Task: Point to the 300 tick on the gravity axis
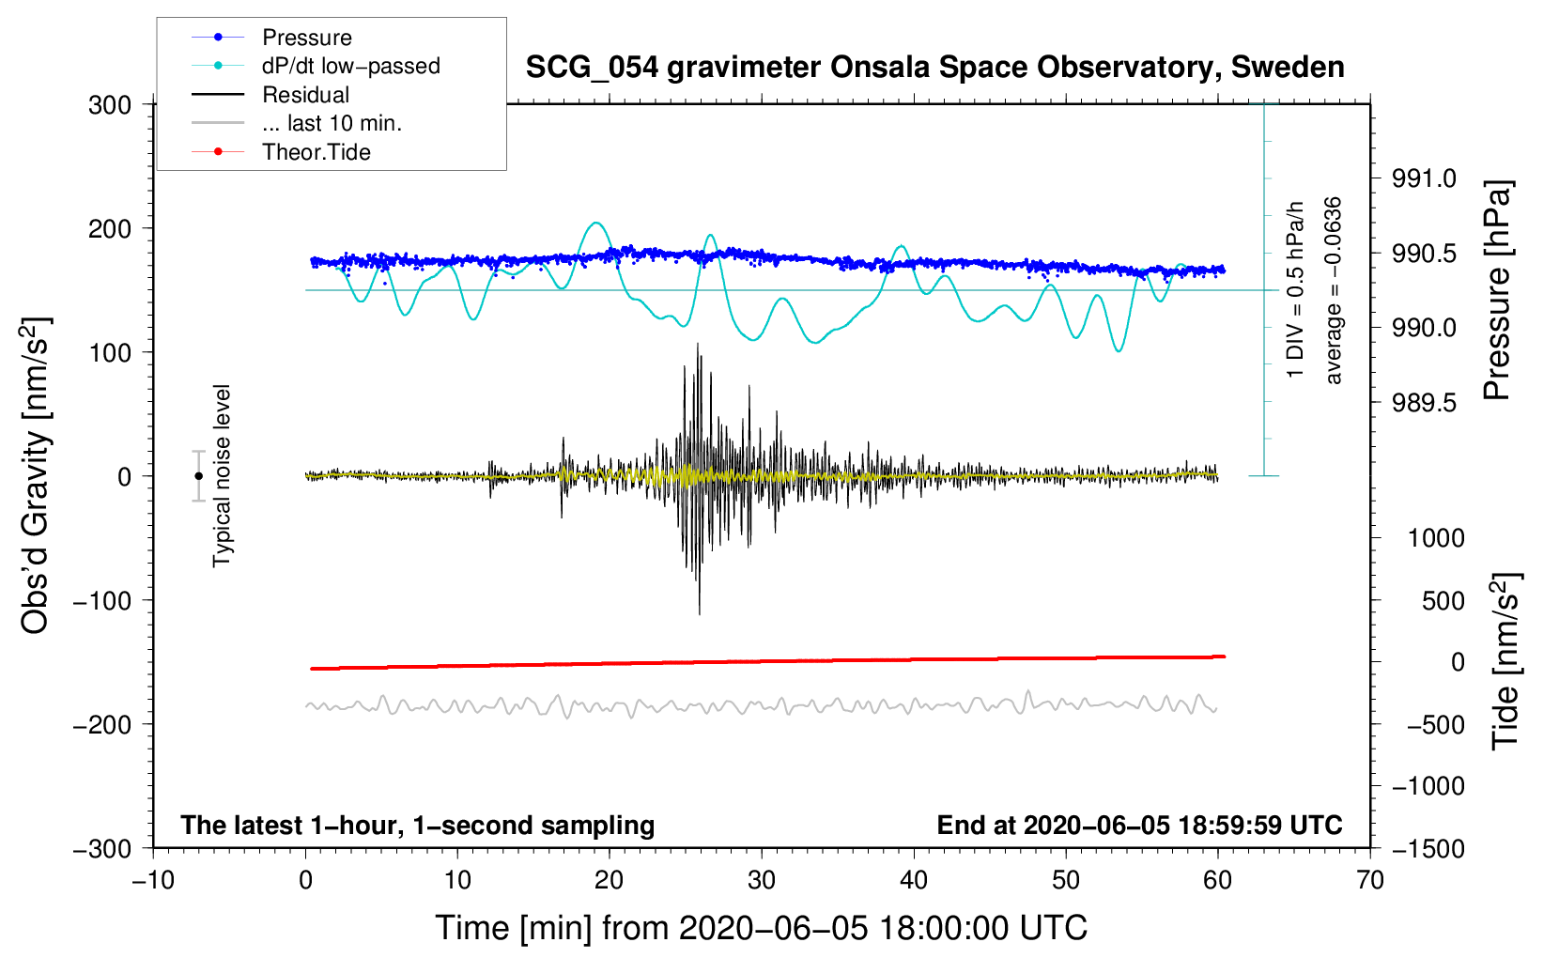[x=110, y=105]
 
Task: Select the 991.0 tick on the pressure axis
[x=1424, y=178]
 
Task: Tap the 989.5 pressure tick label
[x=1424, y=403]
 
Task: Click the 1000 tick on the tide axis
[x=1435, y=538]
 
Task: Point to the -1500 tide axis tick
[x=1428, y=849]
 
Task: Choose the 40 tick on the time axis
[x=913, y=880]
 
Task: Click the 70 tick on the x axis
[x=1369, y=880]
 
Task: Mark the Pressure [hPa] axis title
[x=1497, y=290]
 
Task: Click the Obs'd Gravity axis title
[x=36, y=475]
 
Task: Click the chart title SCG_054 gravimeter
[x=934, y=68]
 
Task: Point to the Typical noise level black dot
[x=198, y=476]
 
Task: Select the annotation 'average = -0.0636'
[x=1334, y=290]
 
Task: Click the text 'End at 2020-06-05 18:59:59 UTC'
[x=1139, y=826]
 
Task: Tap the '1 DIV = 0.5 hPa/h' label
[x=1296, y=289]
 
